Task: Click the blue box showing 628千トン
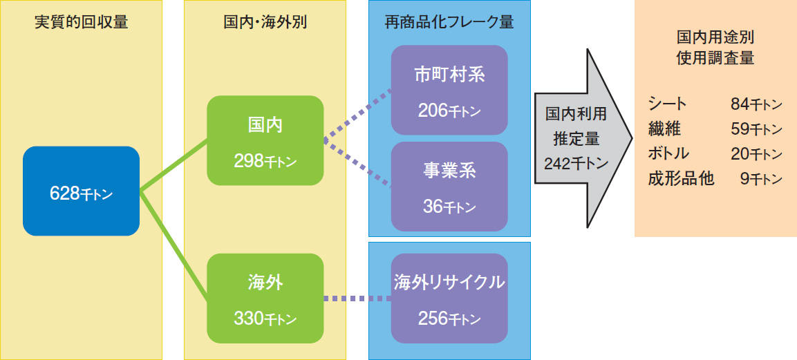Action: [81, 191]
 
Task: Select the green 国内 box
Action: [265, 140]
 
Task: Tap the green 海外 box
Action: [265, 299]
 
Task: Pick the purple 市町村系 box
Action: [449, 90]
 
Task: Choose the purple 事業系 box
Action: [449, 187]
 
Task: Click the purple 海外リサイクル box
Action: [449, 299]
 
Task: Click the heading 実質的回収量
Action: [81, 22]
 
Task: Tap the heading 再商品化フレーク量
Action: [449, 22]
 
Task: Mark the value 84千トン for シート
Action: [756, 104]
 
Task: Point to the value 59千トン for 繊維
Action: [756, 129]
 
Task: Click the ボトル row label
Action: [668, 153]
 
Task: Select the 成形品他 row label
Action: [681, 179]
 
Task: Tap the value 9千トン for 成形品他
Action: [761, 179]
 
